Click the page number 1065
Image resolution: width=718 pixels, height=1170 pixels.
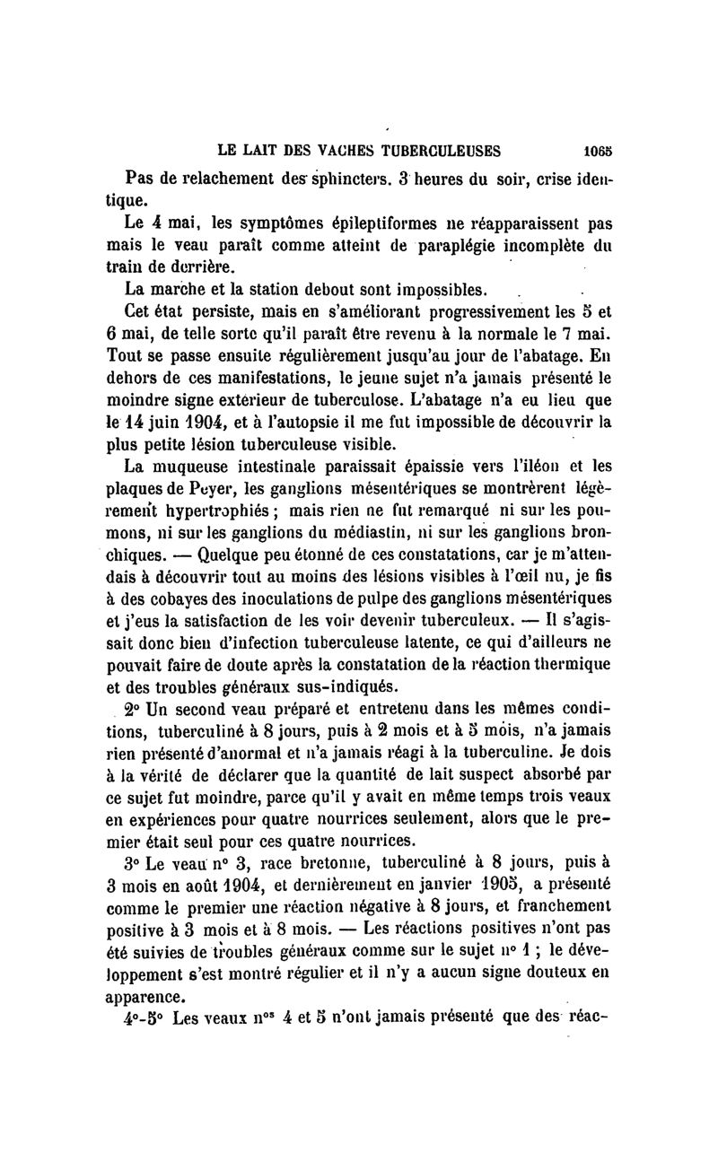[x=596, y=151]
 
